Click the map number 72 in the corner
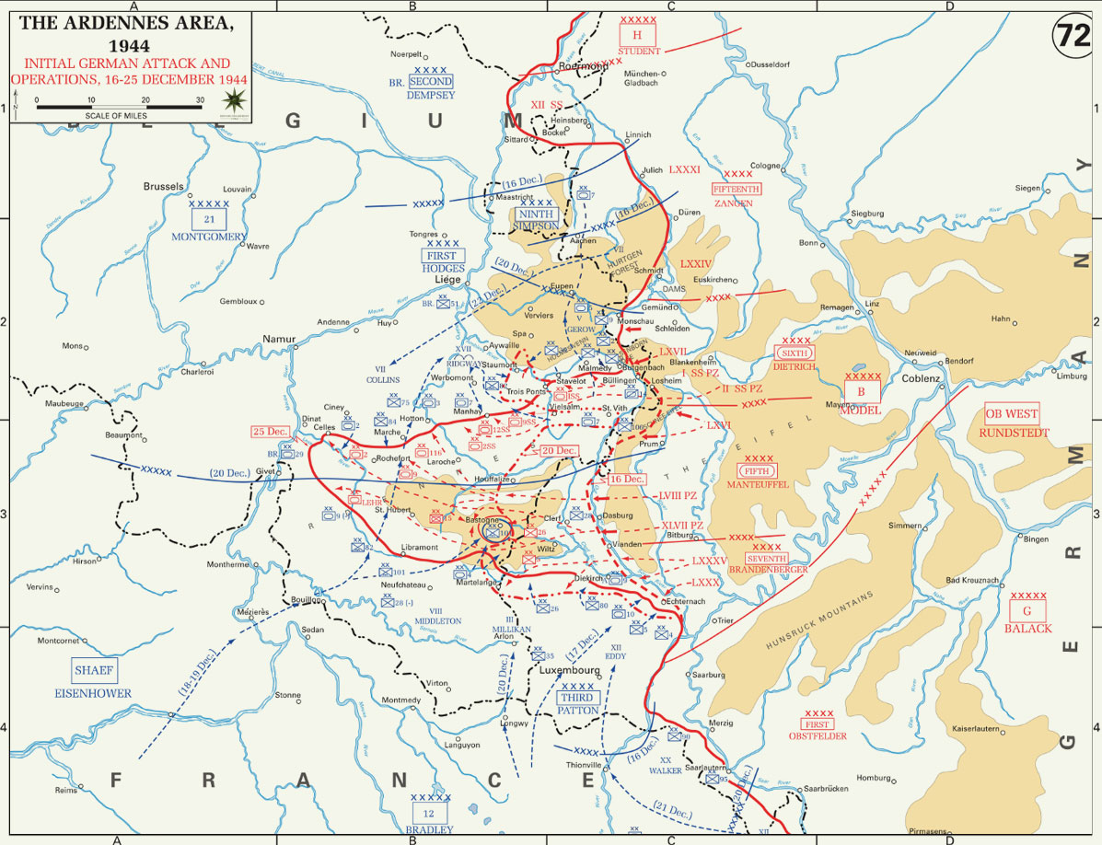[1072, 36]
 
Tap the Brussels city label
[163, 186]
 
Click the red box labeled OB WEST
[1011, 413]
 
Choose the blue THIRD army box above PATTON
[577, 698]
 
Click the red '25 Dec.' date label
[271, 432]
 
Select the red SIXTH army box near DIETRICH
[794, 353]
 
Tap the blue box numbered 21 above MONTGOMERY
[209, 219]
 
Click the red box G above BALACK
[1027, 610]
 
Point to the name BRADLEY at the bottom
[429, 829]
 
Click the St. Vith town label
[614, 408]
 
